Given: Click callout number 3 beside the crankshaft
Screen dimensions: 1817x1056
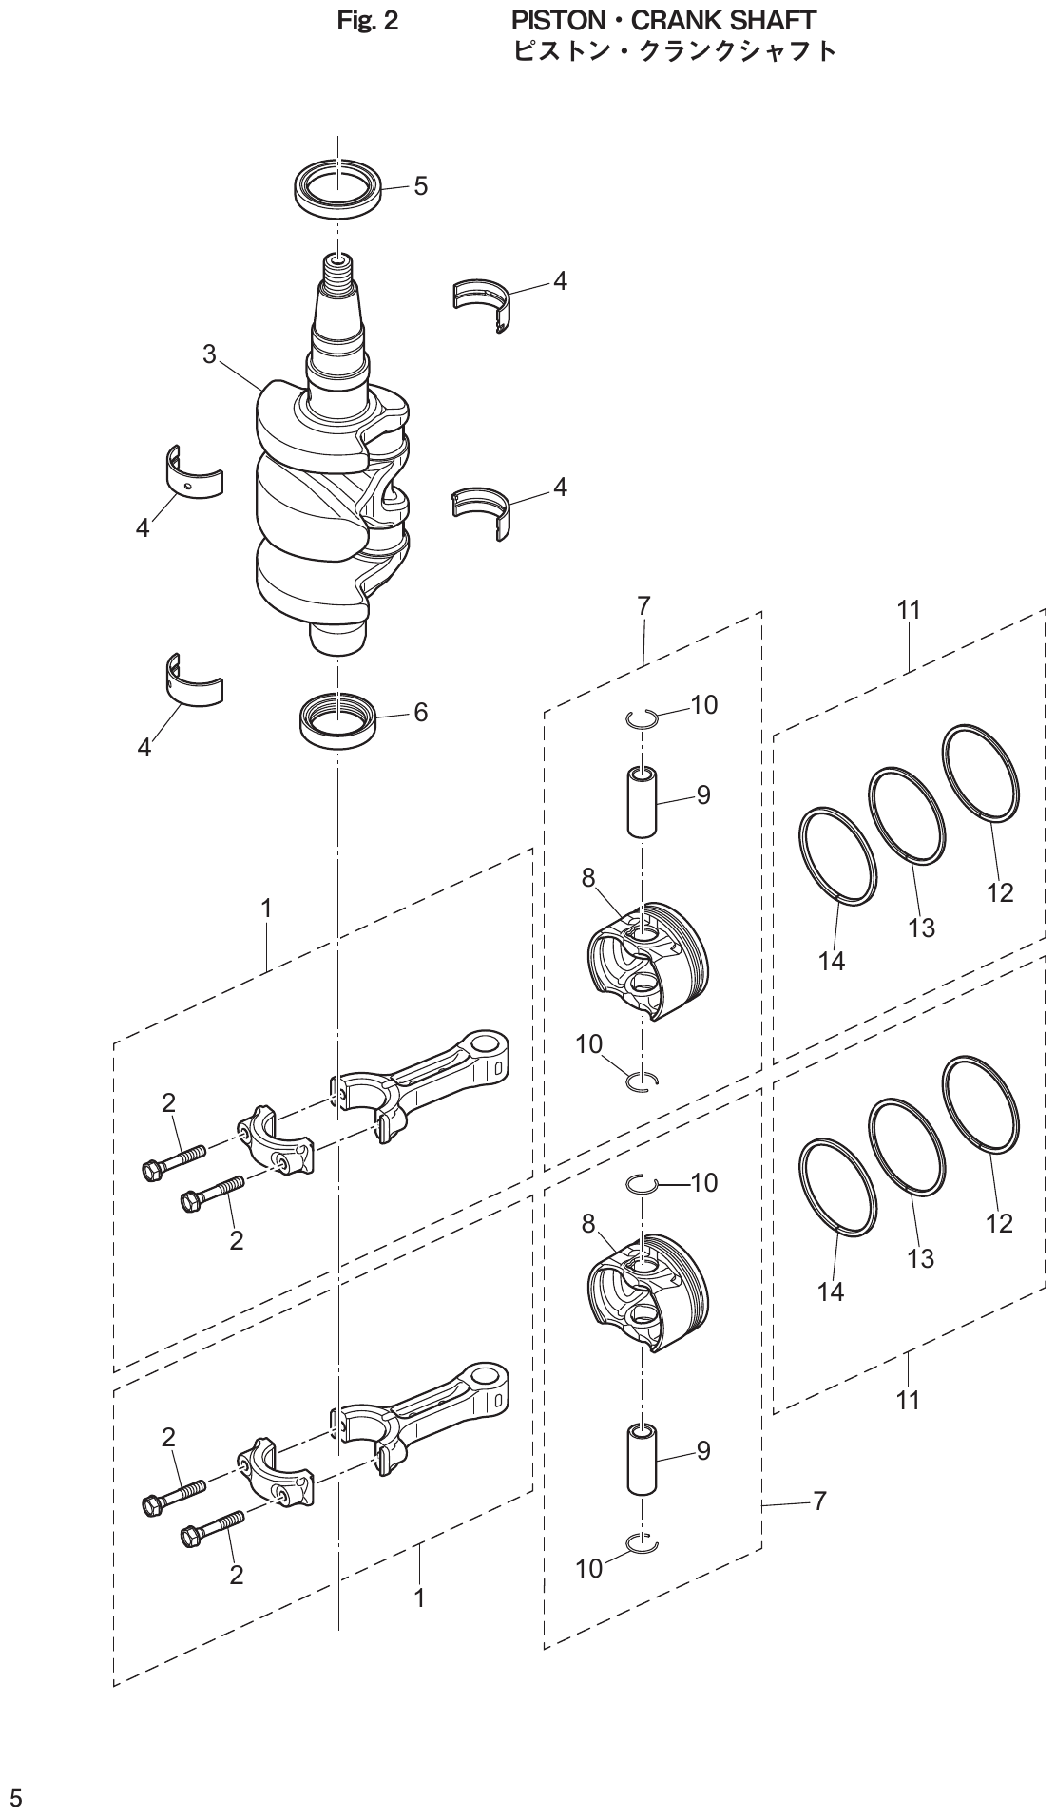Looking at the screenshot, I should pyautogui.click(x=209, y=354).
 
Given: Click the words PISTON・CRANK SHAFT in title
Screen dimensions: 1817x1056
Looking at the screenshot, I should pyautogui.click(x=663, y=19).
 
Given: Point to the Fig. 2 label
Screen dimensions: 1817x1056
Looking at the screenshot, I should pyautogui.click(x=368, y=20).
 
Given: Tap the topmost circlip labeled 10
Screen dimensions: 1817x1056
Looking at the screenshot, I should pyautogui.click(x=643, y=719).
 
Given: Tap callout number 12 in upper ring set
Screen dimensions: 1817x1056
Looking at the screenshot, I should pyautogui.click(x=1000, y=892).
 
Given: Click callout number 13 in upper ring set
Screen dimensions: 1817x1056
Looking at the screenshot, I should pyautogui.click(x=921, y=927).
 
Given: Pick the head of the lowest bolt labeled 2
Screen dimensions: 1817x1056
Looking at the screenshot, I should pyautogui.click(x=190, y=1535).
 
